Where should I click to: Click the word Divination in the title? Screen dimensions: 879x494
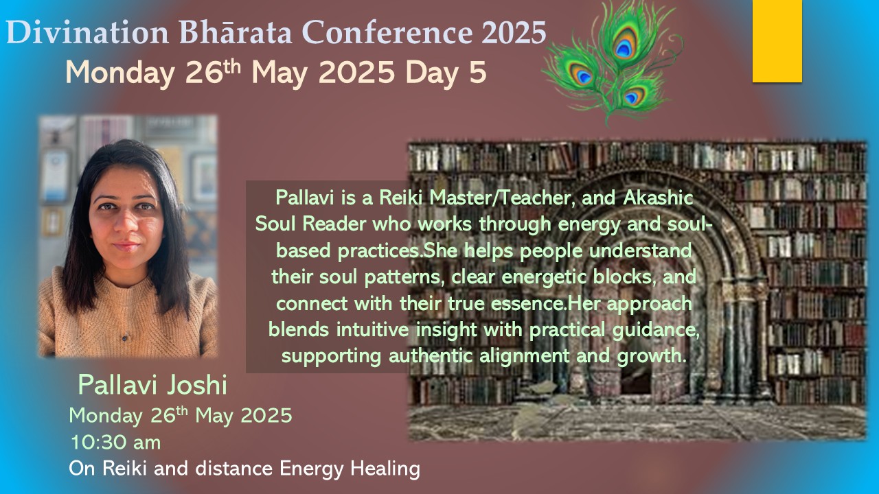[87, 32]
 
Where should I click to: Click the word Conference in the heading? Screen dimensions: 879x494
[387, 32]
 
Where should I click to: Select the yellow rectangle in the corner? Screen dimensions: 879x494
[777, 41]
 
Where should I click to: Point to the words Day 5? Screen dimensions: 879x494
[446, 73]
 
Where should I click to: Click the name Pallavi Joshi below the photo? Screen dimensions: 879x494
[152, 385]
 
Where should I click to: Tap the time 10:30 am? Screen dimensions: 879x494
[115, 443]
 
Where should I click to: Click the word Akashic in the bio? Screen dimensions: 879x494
[658, 198]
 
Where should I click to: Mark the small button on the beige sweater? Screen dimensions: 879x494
[125, 336]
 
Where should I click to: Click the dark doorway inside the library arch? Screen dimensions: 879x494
[635, 345]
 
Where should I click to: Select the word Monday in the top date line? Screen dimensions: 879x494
[119, 73]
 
